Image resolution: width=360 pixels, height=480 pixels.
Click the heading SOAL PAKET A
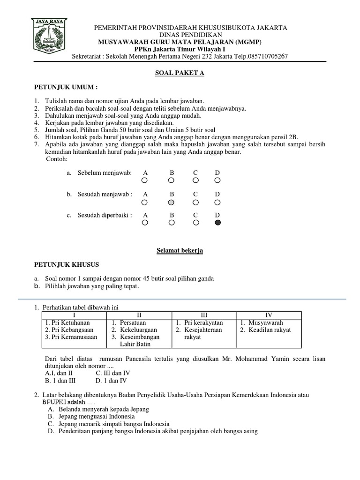(x=180, y=73)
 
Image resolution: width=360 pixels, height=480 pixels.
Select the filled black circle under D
(x=217, y=223)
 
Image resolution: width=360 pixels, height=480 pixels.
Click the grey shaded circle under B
(x=172, y=202)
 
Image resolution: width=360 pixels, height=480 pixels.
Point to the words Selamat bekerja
(x=180, y=251)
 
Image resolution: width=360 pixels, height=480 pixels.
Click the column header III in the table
(x=204, y=315)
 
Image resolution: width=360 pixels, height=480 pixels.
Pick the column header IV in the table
(x=269, y=315)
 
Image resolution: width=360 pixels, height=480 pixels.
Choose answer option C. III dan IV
(x=113, y=373)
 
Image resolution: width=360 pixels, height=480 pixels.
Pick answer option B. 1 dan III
(x=60, y=381)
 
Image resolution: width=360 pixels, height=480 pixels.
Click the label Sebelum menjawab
(x=105, y=173)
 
